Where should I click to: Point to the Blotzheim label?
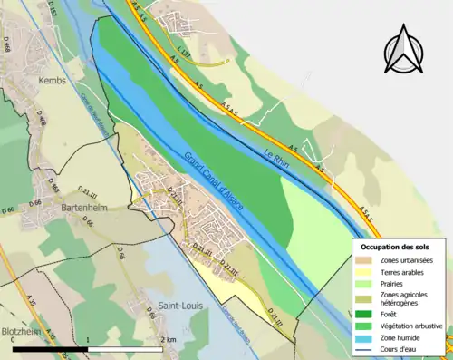(22, 331)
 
